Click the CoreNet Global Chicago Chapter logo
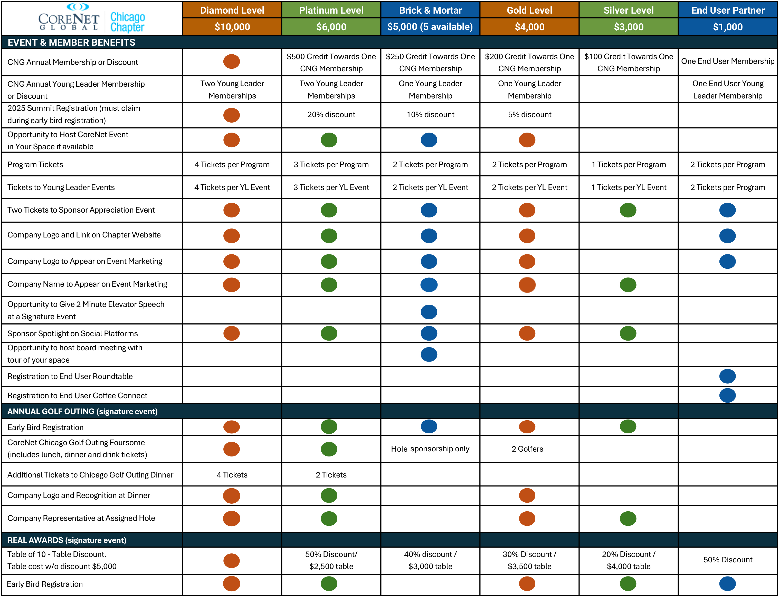91,18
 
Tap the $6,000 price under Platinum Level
331,27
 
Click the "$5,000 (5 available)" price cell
430,27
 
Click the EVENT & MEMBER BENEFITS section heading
71,43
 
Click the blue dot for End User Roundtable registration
727,376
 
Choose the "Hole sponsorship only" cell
430,449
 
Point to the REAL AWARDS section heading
67,540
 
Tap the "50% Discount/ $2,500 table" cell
331,560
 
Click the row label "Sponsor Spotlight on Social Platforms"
73,334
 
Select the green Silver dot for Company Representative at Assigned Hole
628,519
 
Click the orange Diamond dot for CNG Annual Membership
232,62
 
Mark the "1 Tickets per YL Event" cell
629,187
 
